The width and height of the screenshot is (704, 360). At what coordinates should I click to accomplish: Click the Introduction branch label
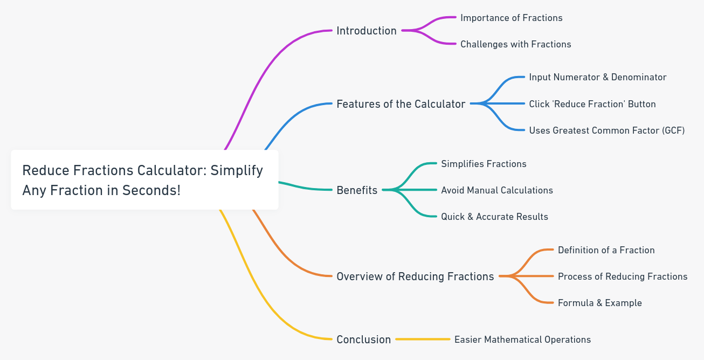[366, 31]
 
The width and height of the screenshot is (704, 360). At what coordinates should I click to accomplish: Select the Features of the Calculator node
[401, 104]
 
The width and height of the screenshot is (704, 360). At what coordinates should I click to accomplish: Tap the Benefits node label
[357, 190]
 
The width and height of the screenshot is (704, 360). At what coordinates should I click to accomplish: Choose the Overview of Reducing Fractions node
[415, 276]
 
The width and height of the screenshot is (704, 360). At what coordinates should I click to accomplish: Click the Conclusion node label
[363, 340]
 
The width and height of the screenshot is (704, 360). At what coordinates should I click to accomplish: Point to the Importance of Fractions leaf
[511, 18]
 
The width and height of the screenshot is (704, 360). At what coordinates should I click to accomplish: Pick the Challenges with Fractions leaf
[515, 44]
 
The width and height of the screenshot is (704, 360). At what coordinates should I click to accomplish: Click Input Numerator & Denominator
[597, 77]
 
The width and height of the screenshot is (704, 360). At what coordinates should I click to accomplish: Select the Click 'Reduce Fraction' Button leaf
[592, 104]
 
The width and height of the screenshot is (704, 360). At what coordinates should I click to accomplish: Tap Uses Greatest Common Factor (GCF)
[606, 130]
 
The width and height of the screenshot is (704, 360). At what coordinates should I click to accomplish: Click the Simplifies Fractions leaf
[484, 164]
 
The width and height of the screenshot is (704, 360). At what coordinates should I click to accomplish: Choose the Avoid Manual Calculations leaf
[496, 190]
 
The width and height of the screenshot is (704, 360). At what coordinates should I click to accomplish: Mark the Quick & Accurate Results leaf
[494, 217]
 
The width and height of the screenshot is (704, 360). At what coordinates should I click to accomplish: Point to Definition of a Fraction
[606, 250]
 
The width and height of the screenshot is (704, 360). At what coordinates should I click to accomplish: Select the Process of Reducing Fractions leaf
[623, 276]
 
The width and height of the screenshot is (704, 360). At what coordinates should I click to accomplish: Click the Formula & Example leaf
[599, 303]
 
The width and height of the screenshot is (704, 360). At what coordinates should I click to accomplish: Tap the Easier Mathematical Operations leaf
[522, 340]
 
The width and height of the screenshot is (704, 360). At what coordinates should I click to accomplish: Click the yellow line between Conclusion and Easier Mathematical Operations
[423, 340]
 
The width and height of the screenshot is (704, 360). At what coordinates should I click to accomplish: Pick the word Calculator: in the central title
[171, 170]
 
